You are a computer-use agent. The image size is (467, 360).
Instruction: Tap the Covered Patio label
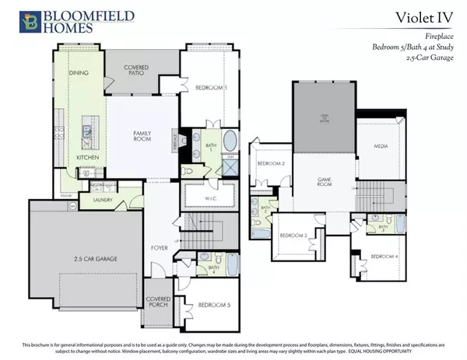pyautogui.click(x=136, y=72)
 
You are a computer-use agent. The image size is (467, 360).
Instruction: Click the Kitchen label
pyautogui.click(x=87, y=158)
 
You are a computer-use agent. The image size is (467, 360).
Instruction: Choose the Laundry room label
pyautogui.click(x=104, y=200)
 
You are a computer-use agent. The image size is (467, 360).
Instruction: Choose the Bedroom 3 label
pyautogui.click(x=293, y=235)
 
